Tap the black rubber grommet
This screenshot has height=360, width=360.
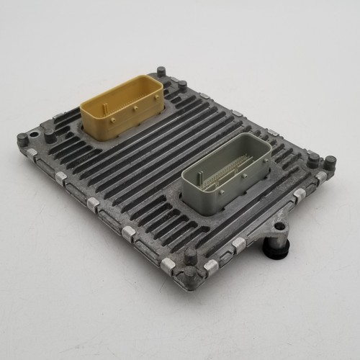(277, 249)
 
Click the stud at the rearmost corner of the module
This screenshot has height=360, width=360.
(160, 72)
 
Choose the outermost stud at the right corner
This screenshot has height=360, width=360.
(330, 162)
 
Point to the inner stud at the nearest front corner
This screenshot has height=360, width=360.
(190, 254)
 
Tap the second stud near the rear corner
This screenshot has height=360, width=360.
(182, 86)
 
